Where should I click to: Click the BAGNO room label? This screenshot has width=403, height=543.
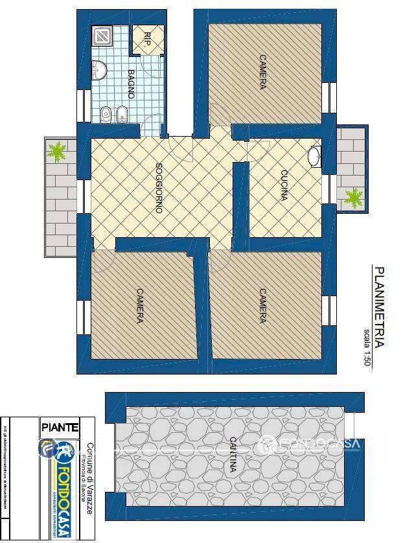[130, 84]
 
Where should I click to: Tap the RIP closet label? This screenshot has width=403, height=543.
[147, 39]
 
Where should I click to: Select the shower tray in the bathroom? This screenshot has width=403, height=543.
[102, 36]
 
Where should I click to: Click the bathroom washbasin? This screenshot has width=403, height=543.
[100, 69]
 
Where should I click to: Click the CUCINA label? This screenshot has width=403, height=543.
[284, 185]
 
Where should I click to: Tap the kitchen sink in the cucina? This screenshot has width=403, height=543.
[314, 156]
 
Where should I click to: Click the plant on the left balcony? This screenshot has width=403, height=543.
[58, 152]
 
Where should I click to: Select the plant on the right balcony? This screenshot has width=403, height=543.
[353, 196]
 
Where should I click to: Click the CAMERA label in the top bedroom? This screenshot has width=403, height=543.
[262, 73]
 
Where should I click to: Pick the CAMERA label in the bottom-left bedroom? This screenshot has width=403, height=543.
[139, 306]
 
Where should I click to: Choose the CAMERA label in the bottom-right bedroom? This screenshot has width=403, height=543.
[262, 306]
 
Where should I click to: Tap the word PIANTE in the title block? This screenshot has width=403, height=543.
[60, 427]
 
